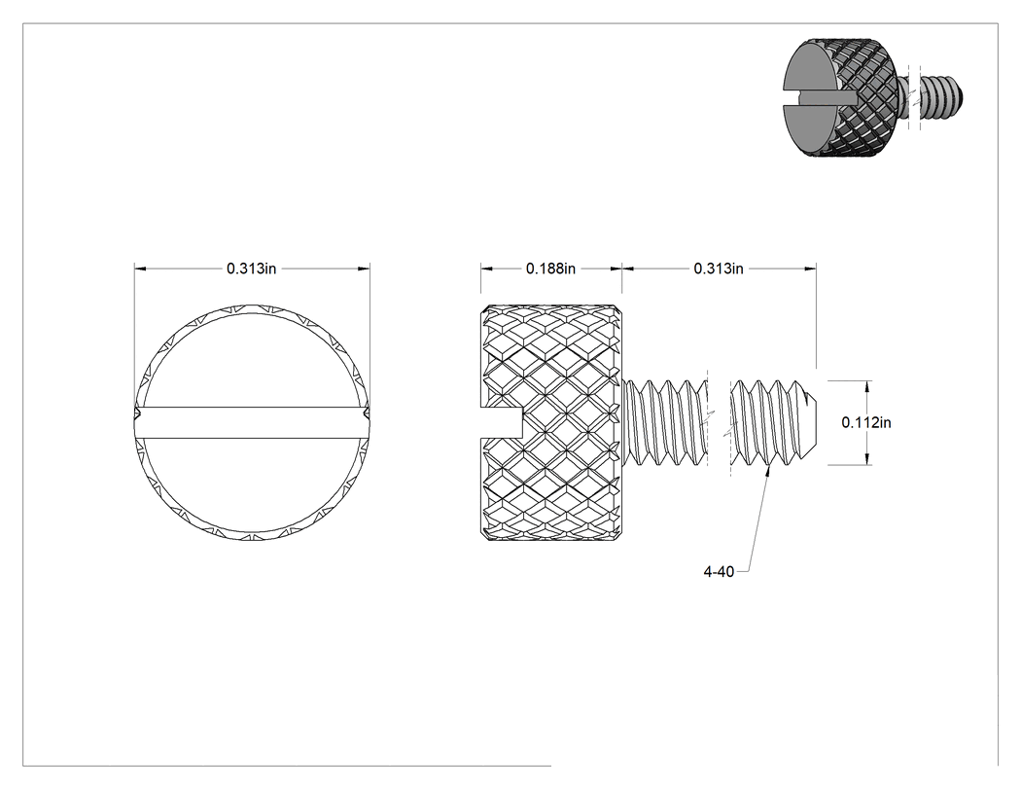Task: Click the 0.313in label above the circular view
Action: pyautogui.click(x=251, y=269)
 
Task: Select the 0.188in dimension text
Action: pyautogui.click(x=551, y=269)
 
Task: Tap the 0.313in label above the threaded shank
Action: pyautogui.click(x=719, y=269)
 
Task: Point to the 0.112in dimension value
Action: pyautogui.click(x=866, y=422)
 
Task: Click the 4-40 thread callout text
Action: pyautogui.click(x=719, y=572)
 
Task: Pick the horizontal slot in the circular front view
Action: pyautogui.click(x=252, y=423)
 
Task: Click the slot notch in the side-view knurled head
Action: pyautogui.click(x=502, y=423)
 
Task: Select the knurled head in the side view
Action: pyautogui.click(x=551, y=423)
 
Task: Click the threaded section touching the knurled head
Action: pyautogui.click(x=665, y=423)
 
